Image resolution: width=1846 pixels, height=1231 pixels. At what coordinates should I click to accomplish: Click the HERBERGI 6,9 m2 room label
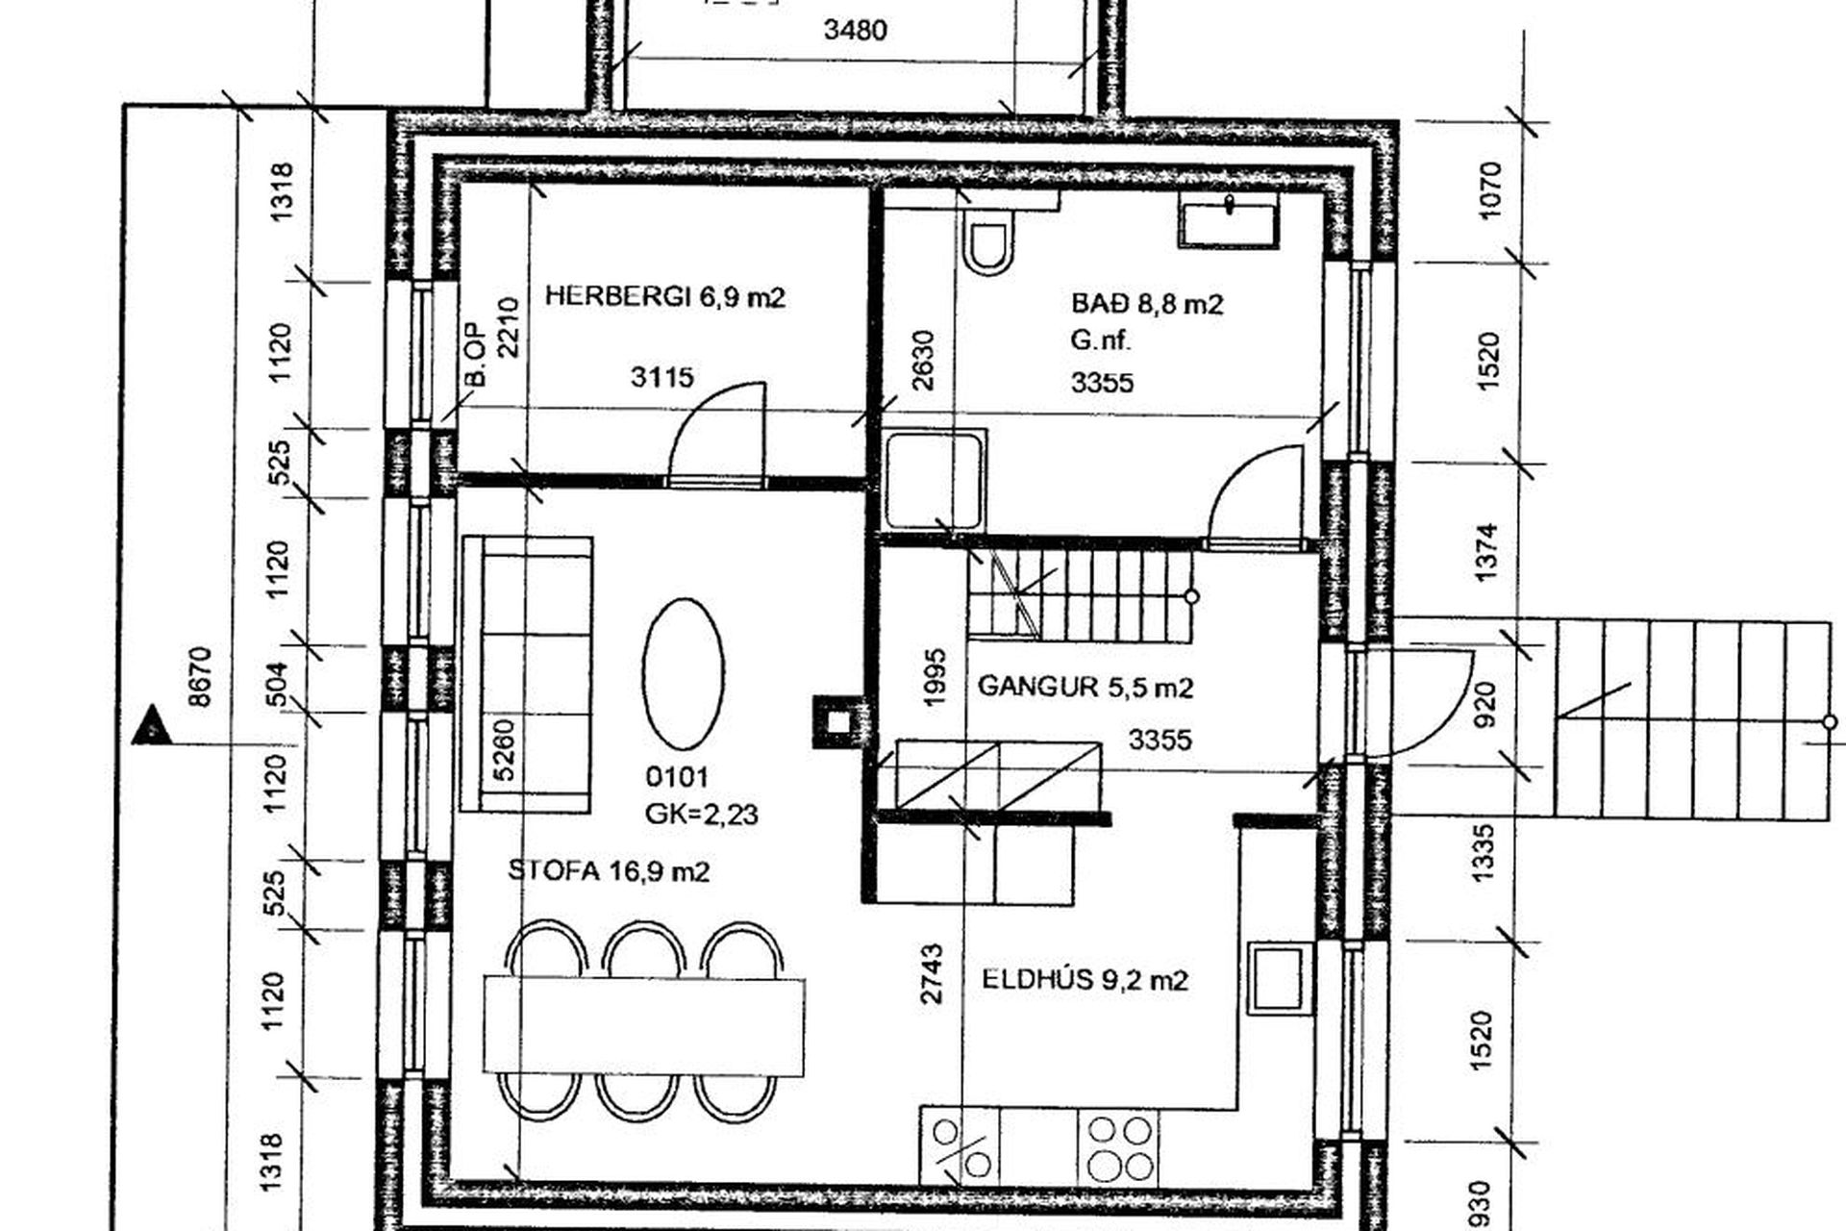(x=664, y=296)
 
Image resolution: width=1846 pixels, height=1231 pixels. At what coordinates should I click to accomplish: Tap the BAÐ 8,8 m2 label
(x=1147, y=304)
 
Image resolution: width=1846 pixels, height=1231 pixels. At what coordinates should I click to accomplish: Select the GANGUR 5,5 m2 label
(x=1085, y=687)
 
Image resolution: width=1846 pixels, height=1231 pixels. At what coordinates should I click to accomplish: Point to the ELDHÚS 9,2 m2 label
(x=1085, y=980)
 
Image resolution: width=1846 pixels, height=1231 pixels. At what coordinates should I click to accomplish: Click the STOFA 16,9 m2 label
(x=609, y=871)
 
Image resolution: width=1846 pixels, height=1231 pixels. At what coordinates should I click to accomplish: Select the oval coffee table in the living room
(x=683, y=673)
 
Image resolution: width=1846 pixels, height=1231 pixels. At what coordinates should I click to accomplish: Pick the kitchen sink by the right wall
(x=1279, y=978)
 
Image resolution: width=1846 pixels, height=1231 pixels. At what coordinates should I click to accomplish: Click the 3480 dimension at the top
(x=855, y=30)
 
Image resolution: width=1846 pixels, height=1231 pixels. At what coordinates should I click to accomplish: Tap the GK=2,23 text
(x=702, y=815)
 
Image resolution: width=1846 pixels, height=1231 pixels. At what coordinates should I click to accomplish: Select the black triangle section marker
(x=152, y=726)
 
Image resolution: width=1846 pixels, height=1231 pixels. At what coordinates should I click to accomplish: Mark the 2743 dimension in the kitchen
(x=931, y=974)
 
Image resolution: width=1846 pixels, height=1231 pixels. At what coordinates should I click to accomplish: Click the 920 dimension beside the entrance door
(x=1485, y=704)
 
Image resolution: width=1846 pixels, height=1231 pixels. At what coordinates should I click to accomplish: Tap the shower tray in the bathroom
(x=935, y=479)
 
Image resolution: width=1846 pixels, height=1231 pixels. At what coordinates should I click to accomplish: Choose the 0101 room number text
(x=677, y=776)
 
